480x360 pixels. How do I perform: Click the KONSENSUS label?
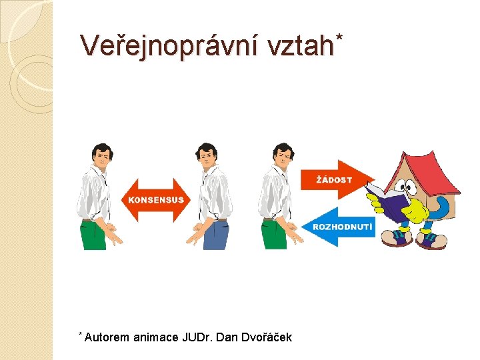coord(155,200)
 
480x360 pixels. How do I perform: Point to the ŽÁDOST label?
coord(334,180)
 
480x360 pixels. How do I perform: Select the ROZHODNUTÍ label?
coord(343,227)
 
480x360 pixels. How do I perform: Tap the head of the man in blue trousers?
coord(207,155)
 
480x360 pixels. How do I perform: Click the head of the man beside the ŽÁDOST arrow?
coord(284,155)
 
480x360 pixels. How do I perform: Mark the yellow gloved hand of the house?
coord(416,212)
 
